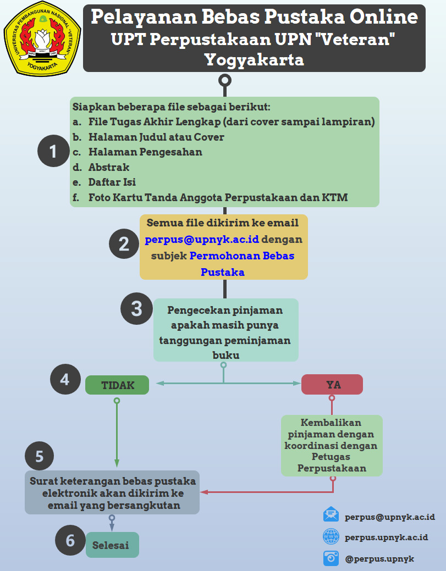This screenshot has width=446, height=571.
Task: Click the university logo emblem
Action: point(42,38)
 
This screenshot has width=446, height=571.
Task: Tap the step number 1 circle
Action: point(53,151)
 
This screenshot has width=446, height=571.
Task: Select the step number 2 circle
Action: point(124,243)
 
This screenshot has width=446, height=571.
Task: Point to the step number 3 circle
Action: point(136,308)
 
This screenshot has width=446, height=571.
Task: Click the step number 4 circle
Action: point(65,379)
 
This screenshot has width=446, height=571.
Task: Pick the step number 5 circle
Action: point(40,456)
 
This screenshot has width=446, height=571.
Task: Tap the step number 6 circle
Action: point(70,540)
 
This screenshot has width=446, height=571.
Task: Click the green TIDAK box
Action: point(117,385)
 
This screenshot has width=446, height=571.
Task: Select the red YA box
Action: point(332,385)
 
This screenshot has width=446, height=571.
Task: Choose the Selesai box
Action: point(112,545)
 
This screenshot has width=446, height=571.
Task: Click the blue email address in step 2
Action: point(202,239)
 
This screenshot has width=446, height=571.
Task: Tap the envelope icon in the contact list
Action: point(331,514)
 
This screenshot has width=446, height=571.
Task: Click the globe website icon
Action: point(331,536)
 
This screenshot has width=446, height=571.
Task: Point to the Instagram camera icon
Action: point(331,558)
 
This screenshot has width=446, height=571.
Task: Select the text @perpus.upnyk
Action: point(379,559)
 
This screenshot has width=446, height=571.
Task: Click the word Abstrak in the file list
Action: point(108,167)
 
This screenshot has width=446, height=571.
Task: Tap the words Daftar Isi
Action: point(112,182)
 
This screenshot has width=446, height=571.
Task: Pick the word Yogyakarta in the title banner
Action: point(254,60)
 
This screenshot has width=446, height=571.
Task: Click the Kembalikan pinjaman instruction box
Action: point(332,445)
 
